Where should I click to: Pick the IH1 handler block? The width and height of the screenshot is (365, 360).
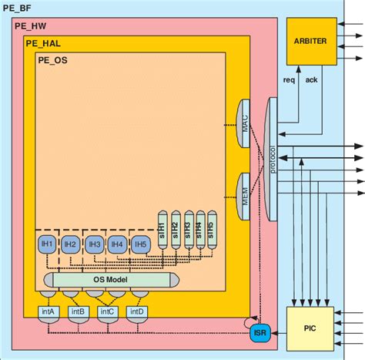(47, 244)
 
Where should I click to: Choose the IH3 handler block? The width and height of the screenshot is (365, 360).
(94, 244)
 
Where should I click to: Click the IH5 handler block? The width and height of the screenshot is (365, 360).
(140, 244)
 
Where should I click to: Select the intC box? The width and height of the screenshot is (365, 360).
(107, 312)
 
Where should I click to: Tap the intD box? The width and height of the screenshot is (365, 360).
(136, 312)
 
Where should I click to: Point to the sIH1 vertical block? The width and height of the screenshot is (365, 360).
(162, 228)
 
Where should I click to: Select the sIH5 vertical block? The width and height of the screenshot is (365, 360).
(211, 228)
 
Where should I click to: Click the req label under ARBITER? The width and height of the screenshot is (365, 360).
(290, 79)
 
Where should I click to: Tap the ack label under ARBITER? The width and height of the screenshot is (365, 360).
(310, 79)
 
